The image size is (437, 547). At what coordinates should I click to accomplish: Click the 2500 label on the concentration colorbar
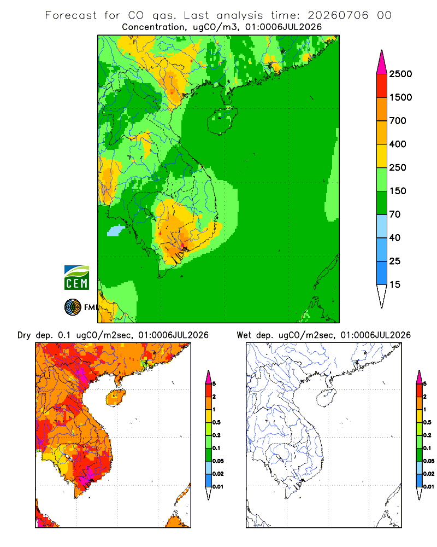click(x=400, y=74)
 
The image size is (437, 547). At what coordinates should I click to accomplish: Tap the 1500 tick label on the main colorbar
click(x=400, y=97)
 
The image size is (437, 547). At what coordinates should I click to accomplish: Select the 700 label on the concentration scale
click(x=398, y=121)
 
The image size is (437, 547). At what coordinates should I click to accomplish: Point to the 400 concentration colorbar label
click(x=398, y=144)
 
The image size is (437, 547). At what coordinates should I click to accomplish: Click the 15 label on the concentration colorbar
click(x=395, y=284)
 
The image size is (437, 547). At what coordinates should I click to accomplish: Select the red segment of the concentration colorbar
click(x=382, y=86)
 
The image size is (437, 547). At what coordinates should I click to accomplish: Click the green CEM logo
click(x=76, y=278)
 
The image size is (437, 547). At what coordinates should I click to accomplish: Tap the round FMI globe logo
click(x=73, y=307)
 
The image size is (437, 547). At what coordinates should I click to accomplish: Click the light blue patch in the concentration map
click(x=115, y=231)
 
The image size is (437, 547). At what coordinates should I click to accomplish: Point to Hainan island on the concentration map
click(x=222, y=121)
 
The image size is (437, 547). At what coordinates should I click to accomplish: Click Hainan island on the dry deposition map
click(x=115, y=398)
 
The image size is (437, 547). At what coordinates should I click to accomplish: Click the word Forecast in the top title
click(x=71, y=15)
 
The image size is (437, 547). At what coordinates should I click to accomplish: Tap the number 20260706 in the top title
click(x=338, y=15)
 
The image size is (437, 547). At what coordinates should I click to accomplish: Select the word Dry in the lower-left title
click(x=24, y=335)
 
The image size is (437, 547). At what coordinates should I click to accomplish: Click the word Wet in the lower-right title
click(x=244, y=335)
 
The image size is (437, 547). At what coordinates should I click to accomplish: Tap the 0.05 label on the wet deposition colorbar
click(x=429, y=461)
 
